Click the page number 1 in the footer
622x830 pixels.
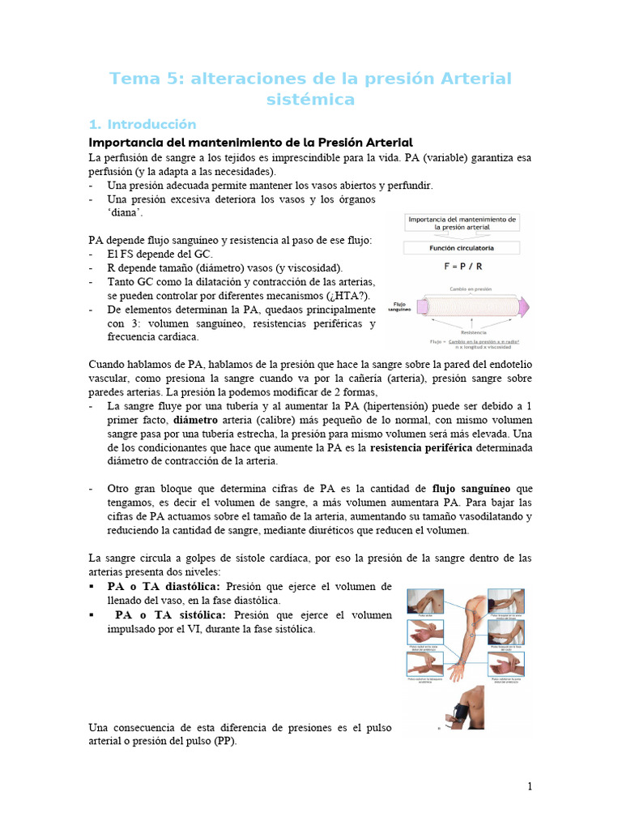pyautogui.click(x=530, y=786)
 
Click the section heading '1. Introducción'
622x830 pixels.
pyautogui.click(x=143, y=124)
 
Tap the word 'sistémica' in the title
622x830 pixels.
pyautogui.click(x=311, y=100)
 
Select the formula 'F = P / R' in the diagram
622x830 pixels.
pyautogui.click(x=463, y=265)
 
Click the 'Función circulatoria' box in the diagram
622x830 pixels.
pyautogui.click(x=463, y=247)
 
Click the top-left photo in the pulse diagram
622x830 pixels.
pyautogui.click(x=424, y=602)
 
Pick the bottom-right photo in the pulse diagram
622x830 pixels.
pyautogui.click(x=505, y=665)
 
